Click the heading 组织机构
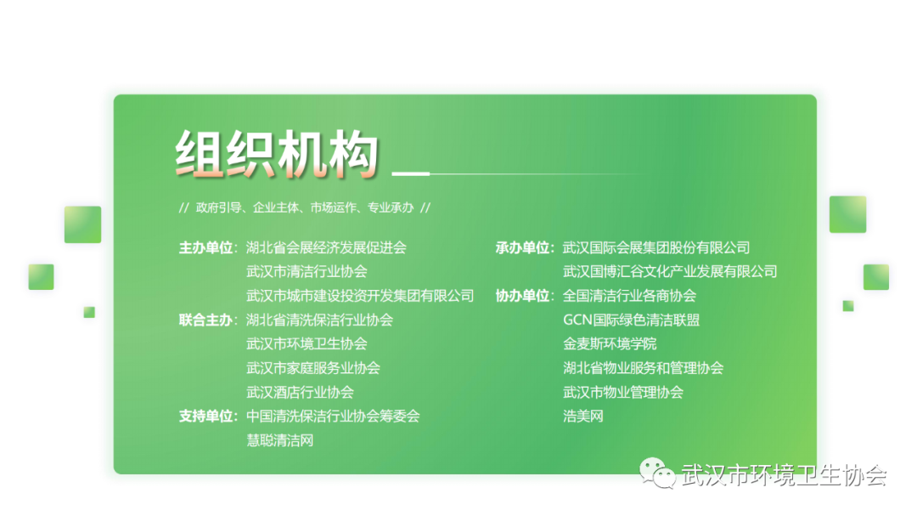point(277,154)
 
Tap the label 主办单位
point(205,247)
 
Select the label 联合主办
point(205,320)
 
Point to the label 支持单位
point(205,417)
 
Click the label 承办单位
point(523,247)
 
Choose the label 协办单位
point(523,296)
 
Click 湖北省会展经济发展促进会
point(326,247)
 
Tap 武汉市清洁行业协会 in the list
point(307,272)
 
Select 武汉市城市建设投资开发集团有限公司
point(360,296)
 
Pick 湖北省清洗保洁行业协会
point(319,320)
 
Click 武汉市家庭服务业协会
point(312,368)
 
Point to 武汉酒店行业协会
point(300,393)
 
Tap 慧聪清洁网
point(279,440)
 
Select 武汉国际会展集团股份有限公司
point(656,247)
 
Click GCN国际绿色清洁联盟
point(631,320)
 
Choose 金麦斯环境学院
point(610,343)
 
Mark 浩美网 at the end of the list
point(583,417)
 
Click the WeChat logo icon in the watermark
point(656,473)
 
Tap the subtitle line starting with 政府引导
point(305,208)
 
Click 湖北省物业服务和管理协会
point(644,368)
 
